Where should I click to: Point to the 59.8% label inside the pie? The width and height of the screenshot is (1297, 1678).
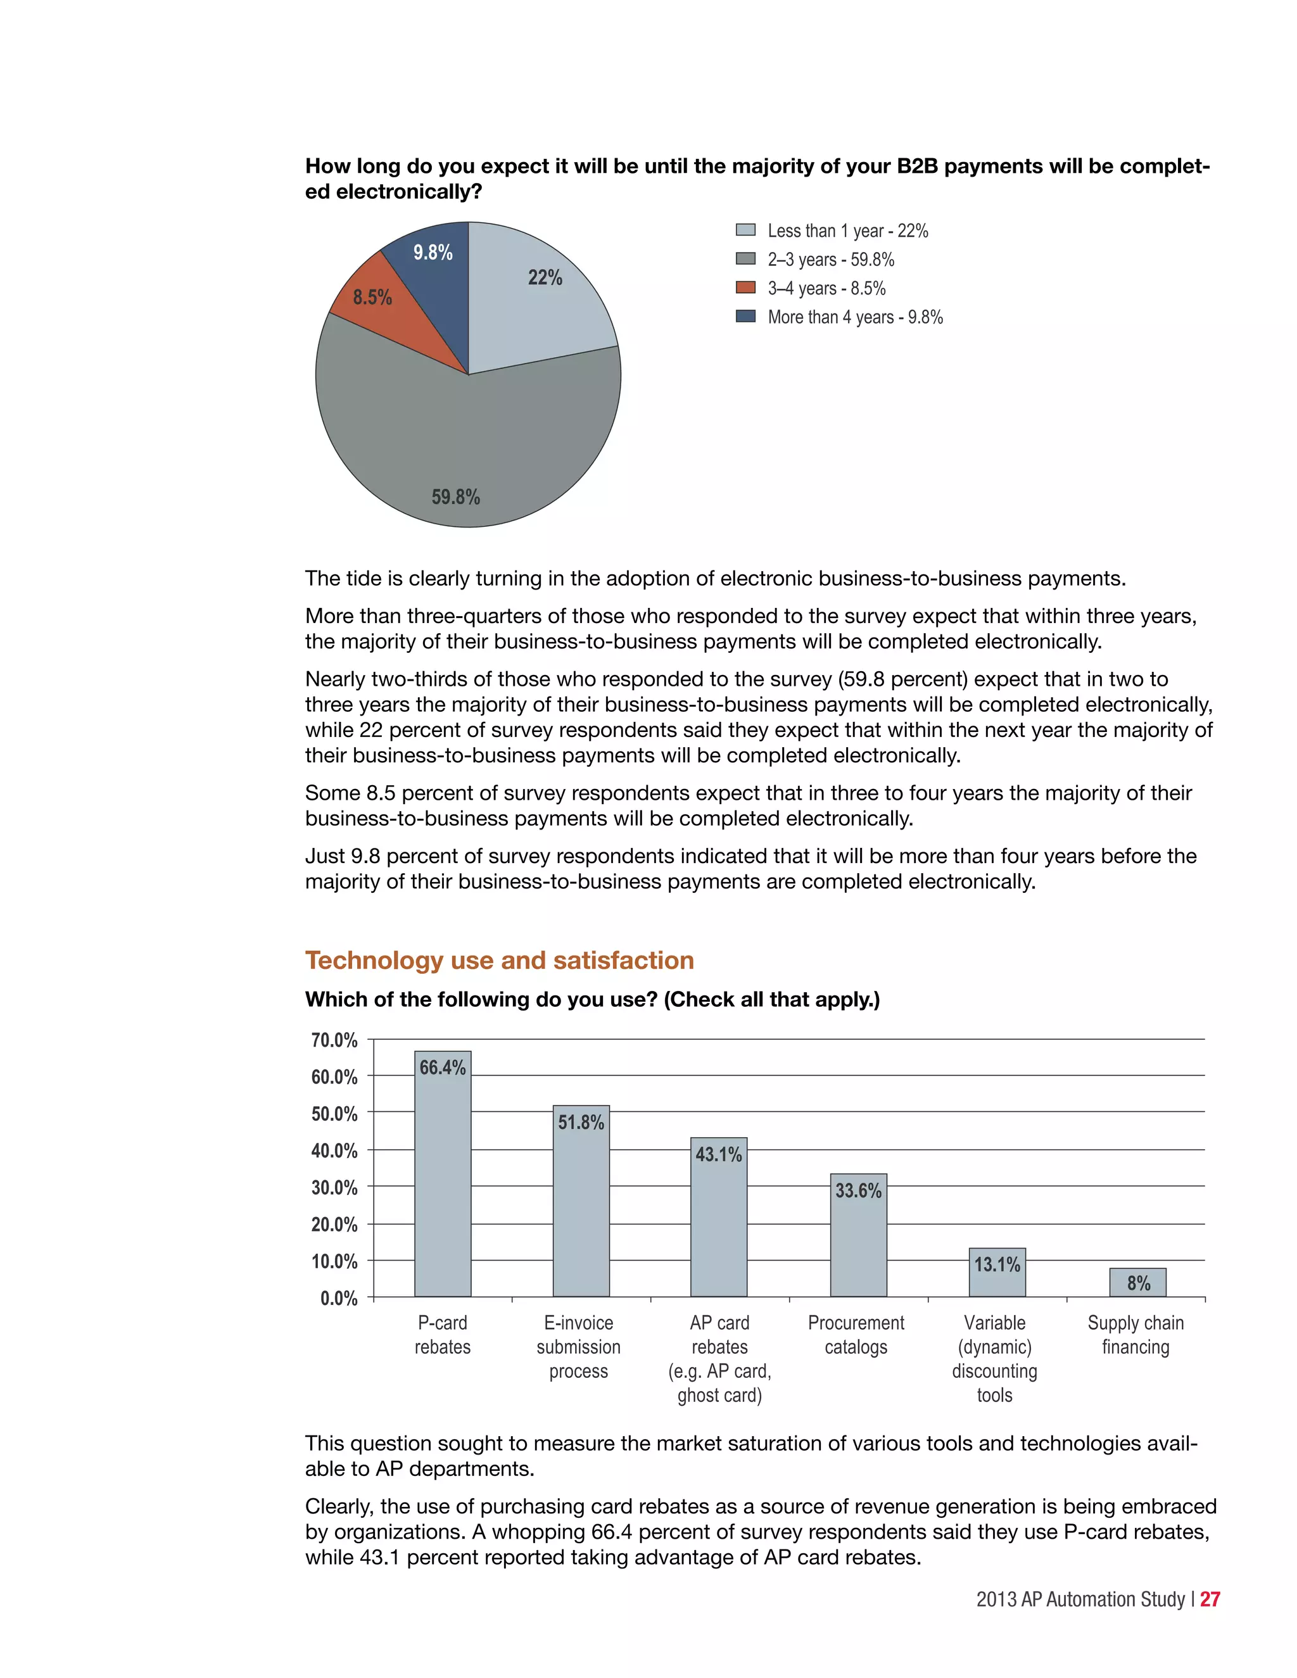[x=455, y=497]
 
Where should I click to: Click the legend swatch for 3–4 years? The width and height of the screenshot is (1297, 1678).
[x=745, y=287]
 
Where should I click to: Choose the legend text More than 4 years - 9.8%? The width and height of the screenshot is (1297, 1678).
[x=854, y=317]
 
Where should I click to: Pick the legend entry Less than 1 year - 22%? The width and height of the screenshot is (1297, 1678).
[x=847, y=230]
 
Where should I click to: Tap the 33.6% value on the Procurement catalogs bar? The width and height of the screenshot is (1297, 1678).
[x=858, y=1191]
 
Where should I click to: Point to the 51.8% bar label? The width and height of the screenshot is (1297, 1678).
[x=581, y=1123]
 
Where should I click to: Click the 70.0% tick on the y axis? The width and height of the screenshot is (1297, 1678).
[x=334, y=1040]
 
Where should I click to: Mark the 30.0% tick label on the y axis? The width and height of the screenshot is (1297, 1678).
[x=334, y=1188]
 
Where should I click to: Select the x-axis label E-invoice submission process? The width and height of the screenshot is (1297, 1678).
[x=579, y=1347]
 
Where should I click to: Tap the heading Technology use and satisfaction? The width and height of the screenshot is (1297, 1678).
[x=500, y=961]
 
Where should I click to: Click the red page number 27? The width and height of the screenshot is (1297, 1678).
[x=1210, y=1599]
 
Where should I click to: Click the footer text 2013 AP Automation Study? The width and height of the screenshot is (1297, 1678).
[x=1080, y=1599]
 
